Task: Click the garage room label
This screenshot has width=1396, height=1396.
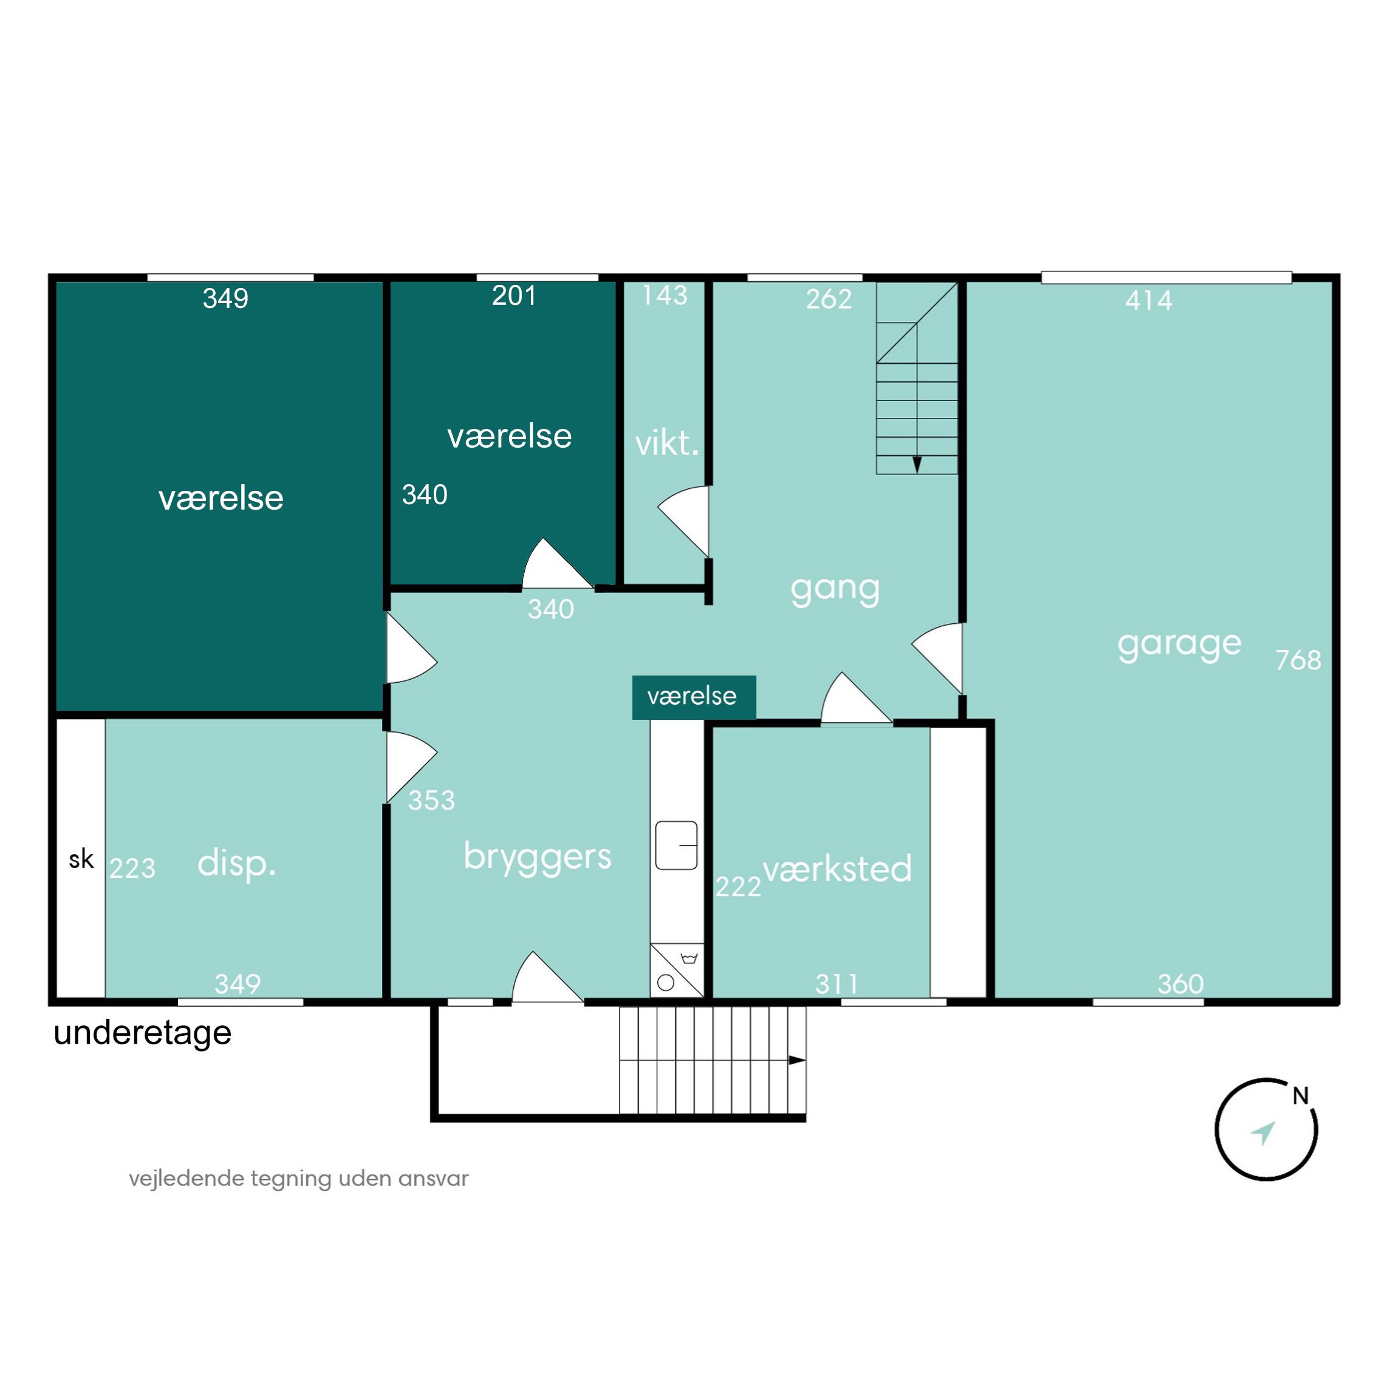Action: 1179,645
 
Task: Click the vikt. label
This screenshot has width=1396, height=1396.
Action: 667,443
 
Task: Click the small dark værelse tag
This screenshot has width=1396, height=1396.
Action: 694,697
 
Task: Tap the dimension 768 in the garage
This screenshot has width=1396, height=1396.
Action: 1298,660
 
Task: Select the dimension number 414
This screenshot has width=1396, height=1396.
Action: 1149,300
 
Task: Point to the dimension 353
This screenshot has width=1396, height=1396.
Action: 431,800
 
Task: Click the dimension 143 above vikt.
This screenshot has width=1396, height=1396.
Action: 665,295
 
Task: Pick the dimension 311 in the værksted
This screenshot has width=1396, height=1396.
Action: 837,984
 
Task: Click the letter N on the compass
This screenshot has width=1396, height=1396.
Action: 1301,1096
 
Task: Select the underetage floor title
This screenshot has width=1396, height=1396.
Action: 142,1033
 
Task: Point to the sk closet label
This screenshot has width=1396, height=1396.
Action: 81,859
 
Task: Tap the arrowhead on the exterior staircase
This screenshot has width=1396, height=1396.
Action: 797,1060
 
